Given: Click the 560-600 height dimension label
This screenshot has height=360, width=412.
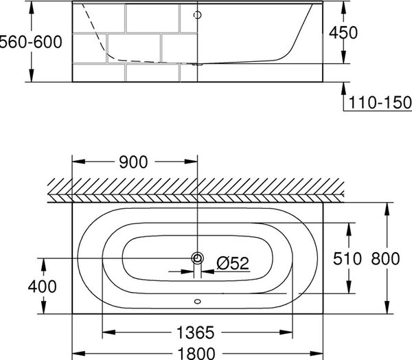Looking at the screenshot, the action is (x=30, y=42).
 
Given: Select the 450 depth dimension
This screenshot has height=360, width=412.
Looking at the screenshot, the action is (x=343, y=32).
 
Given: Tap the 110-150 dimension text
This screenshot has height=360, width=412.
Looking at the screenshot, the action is (x=380, y=102).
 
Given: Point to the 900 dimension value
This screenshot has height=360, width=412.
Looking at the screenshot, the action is (x=133, y=162).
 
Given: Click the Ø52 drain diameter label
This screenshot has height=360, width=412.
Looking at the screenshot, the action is (x=233, y=263).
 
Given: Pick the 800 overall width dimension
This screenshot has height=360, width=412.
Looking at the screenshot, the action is (x=385, y=258).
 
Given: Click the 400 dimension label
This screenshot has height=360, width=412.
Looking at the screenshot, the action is (x=43, y=286).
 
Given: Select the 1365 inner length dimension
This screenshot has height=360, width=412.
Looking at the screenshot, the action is (x=196, y=333).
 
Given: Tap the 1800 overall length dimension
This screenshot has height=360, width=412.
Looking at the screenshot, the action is (x=196, y=353).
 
